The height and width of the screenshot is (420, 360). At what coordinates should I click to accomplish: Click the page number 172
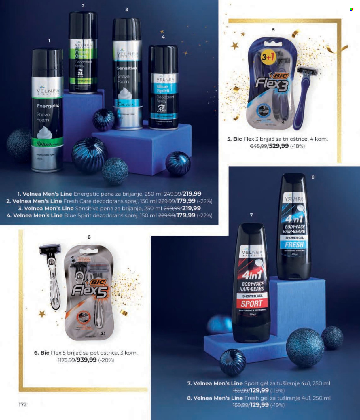[22, 404]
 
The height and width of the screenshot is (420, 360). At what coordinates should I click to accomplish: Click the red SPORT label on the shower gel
[251, 304]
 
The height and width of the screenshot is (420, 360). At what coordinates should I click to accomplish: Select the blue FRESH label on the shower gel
[294, 245]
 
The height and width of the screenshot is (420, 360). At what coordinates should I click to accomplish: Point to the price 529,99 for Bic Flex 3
[278, 146]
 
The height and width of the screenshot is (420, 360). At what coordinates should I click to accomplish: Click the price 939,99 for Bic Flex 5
[86, 360]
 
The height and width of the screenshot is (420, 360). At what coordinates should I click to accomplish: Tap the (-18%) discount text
[297, 146]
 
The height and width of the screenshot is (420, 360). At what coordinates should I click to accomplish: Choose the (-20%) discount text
[106, 360]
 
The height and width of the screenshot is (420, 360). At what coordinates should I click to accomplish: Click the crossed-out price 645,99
[258, 146]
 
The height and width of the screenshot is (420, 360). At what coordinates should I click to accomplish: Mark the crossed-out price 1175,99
[66, 360]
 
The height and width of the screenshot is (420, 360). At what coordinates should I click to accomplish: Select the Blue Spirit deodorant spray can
[163, 86]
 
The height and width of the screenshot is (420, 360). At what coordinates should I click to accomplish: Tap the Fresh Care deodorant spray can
[83, 52]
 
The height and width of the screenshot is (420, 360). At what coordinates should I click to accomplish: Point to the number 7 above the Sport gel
[251, 215]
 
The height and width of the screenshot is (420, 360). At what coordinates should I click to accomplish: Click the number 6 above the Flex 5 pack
[89, 237]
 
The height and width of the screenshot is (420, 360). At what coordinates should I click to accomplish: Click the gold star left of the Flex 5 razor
[42, 314]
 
